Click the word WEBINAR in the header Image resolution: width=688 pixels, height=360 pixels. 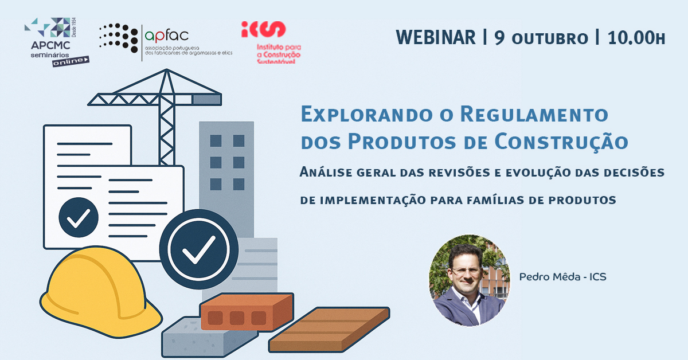pos(436,37)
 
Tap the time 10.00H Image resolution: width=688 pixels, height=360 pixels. pos(636,37)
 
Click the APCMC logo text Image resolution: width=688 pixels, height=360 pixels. pos(50,45)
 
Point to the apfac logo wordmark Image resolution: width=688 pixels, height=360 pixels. pos(166,35)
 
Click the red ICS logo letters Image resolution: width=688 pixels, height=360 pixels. pos(264,29)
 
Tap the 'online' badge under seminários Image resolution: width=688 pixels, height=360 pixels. pos(71,61)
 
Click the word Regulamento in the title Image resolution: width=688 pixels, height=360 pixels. pos(534,114)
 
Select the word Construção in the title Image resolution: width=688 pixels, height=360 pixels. pos(561,142)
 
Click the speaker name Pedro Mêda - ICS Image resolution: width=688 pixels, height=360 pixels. pos(562,277)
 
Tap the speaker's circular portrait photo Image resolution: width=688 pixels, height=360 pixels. pos(470,280)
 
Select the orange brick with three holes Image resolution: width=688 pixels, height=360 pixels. pos(247,312)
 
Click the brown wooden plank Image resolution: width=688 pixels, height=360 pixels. pos(329,329)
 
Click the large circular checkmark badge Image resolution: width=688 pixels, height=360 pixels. pos(199,249)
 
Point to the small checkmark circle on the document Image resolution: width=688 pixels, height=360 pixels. pos(79,217)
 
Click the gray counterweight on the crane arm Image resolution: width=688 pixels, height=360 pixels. pos(207,100)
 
